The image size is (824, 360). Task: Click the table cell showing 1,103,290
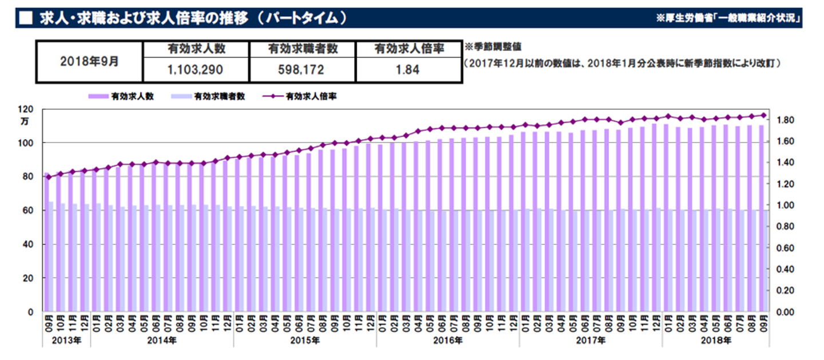(x=196, y=70)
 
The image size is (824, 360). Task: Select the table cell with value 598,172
(x=302, y=70)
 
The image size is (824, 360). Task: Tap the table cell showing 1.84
(x=409, y=70)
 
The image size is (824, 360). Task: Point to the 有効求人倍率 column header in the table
(x=409, y=50)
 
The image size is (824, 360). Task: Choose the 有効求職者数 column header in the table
(x=302, y=50)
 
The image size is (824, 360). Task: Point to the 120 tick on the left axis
(x=26, y=109)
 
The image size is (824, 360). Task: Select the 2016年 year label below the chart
(x=447, y=341)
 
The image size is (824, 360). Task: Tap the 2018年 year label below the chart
(x=716, y=341)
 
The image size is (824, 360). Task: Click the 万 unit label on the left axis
(x=24, y=121)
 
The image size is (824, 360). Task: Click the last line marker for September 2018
(x=763, y=115)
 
